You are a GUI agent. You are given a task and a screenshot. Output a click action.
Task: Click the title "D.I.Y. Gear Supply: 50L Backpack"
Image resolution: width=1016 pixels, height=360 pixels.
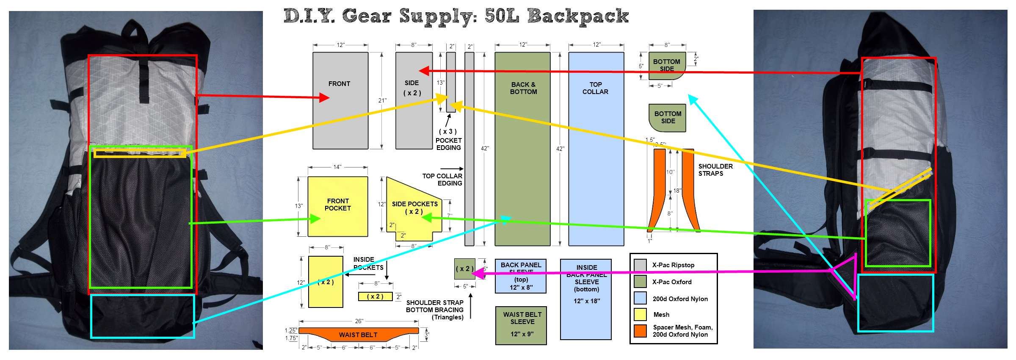pyautogui.click(x=456, y=16)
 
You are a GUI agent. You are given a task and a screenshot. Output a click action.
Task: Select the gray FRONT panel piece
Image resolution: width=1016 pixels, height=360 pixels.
pyautogui.click(x=340, y=100)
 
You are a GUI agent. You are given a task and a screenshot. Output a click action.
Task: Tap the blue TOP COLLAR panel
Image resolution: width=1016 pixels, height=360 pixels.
pyautogui.click(x=596, y=148)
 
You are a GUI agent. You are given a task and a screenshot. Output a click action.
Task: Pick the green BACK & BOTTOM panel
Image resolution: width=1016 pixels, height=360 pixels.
pyautogui.click(x=522, y=148)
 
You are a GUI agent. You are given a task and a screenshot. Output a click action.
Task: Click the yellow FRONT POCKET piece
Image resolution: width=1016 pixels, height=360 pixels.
pyautogui.click(x=337, y=206)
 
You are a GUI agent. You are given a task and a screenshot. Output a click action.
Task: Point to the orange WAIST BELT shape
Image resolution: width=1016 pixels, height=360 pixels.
pyautogui.click(x=358, y=334)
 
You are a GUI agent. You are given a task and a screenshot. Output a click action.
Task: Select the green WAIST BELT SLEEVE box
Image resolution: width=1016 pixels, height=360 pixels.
pyautogui.click(x=521, y=325)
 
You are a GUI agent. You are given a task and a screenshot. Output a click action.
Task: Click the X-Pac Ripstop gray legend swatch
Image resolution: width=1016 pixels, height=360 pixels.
pyautogui.click(x=640, y=265)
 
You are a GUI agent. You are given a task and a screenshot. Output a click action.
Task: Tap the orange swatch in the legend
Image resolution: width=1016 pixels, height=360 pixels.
pyautogui.click(x=640, y=331)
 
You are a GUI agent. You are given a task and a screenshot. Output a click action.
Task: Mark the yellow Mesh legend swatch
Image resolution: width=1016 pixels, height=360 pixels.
pyautogui.click(x=640, y=314)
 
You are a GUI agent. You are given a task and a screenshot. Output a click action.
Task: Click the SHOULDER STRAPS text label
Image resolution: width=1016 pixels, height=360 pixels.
pyautogui.click(x=715, y=170)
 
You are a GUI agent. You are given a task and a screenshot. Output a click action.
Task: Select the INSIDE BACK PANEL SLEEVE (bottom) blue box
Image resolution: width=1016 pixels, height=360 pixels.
pyautogui.click(x=586, y=299)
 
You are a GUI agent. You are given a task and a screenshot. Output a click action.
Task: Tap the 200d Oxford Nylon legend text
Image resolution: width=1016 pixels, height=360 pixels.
pyautogui.click(x=680, y=299)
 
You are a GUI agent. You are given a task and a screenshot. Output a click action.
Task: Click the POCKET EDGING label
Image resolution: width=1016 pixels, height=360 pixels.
pyautogui.click(x=448, y=144)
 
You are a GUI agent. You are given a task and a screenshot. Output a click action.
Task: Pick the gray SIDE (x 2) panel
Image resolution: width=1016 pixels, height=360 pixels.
pyautogui.click(x=414, y=100)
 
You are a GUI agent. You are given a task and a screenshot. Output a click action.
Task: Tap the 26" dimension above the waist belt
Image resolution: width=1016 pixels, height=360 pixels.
pyautogui.click(x=359, y=321)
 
